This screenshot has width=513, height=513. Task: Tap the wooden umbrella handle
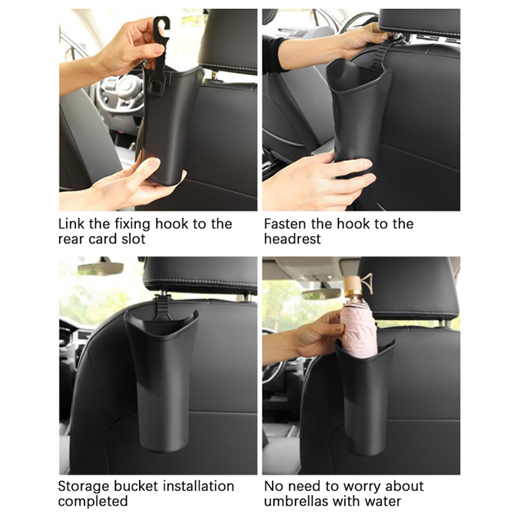pyautogui.click(x=353, y=287)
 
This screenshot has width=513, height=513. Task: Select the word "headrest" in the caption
pyautogui.click(x=292, y=239)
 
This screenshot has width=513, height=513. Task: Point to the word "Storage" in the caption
pyautogui.click(x=83, y=487)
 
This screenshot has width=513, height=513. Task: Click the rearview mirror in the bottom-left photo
pyautogui.click(x=101, y=269)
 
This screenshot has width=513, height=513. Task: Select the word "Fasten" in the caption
pyautogui.click(x=285, y=224)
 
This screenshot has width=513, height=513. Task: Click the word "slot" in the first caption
pyautogui.click(x=133, y=239)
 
